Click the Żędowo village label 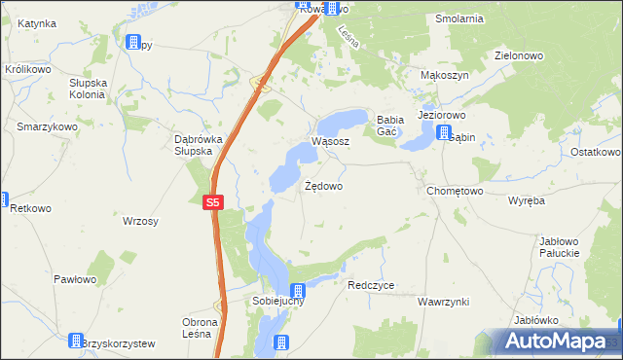pos(323,185)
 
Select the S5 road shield pos(214,203)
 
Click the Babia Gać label pos(388,126)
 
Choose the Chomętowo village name pos(455,192)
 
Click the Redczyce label pos(371,286)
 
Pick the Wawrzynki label pos(444,303)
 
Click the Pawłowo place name pos(75,280)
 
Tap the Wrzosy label pos(140,222)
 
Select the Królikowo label pos(28,70)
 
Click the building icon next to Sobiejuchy pos(298,290)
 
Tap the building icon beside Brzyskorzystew pos(76,341)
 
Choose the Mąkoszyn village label pos(445,75)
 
